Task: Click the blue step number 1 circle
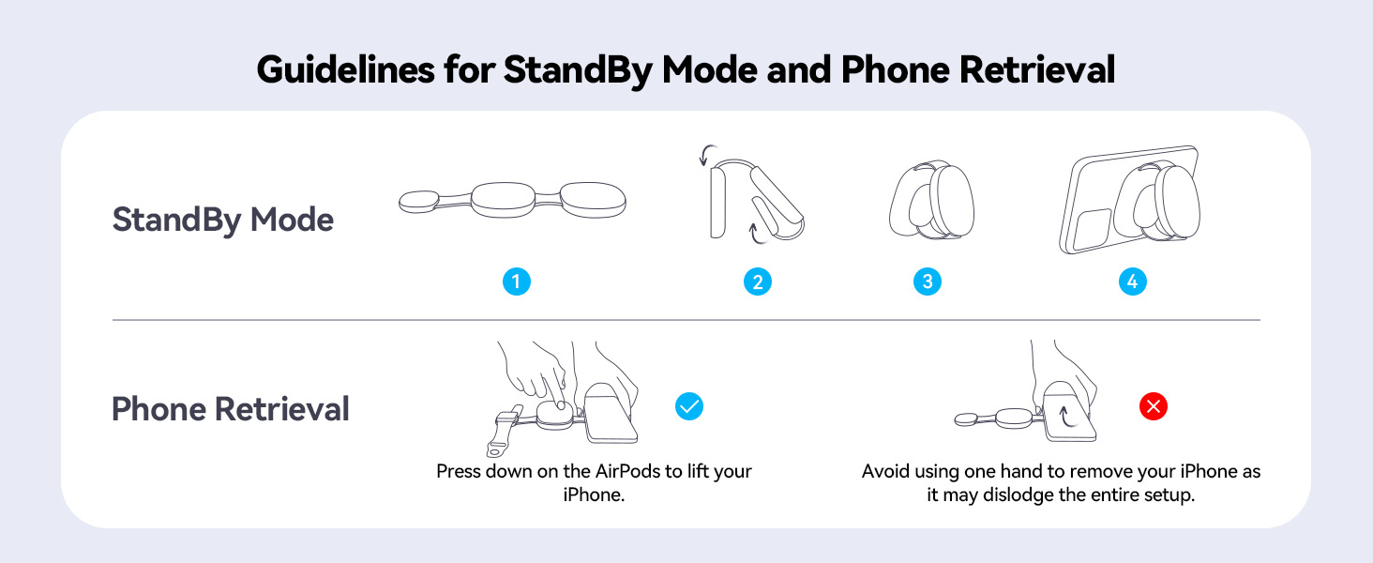pyautogui.click(x=516, y=281)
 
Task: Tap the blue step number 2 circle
pyautogui.click(x=758, y=281)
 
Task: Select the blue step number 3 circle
pyautogui.click(x=928, y=281)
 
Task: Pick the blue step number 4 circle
pyautogui.click(x=1133, y=281)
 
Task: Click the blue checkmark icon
pyautogui.click(x=689, y=406)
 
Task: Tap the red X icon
pyautogui.click(x=1154, y=406)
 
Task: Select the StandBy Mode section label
pyautogui.click(x=222, y=221)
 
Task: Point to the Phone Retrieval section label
pyautogui.click(x=231, y=409)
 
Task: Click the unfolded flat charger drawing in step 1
pyautogui.click(x=513, y=199)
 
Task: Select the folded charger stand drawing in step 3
pyautogui.click(x=931, y=203)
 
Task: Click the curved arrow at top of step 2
pyautogui.click(x=710, y=153)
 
